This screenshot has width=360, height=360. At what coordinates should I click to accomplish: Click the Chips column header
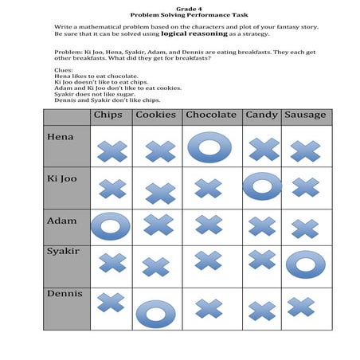click(x=108, y=115)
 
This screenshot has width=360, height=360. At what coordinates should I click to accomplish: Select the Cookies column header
click(x=155, y=115)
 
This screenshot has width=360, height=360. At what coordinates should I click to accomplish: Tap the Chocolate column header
click(x=210, y=115)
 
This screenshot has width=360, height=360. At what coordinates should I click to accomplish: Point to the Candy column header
click(x=261, y=115)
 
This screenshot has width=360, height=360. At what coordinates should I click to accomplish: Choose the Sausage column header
click(x=305, y=115)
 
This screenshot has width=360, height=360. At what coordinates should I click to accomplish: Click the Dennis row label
click(x=64, y=294)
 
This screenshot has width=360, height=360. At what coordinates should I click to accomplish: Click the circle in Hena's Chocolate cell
click(x=209, y=147)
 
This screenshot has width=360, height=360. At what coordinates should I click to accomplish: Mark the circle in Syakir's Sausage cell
click(x=305, y=264)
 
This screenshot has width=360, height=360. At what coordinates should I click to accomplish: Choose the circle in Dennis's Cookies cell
click(x=159, y=312)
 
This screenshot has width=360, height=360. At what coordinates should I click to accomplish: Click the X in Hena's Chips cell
click(x=112, y=150)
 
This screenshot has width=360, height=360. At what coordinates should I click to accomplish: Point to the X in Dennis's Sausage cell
click(x=301, y=307)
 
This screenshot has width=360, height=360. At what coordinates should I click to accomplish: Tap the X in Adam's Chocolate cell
click(x=209, y=225)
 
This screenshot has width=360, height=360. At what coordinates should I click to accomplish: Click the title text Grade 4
click(x=180, y=7)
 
